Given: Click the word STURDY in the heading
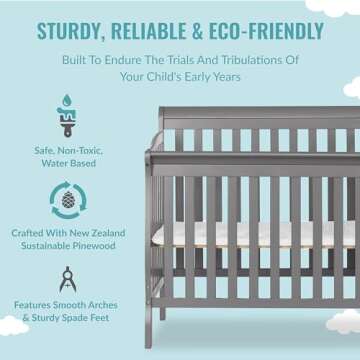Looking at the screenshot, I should pyautogui.click(x=73, y=30).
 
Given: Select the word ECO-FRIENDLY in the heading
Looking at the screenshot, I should pyautogui.click(x=265, y=30).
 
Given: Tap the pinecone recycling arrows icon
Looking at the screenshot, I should pyautogui.click(x=68, y=199).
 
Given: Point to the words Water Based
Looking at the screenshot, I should pyautogui.click(x=68, y=162).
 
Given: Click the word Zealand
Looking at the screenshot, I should pyautogui.click(x=104, y=233).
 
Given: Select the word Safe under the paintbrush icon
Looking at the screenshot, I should pyautogui.click(x=45, y=150).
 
